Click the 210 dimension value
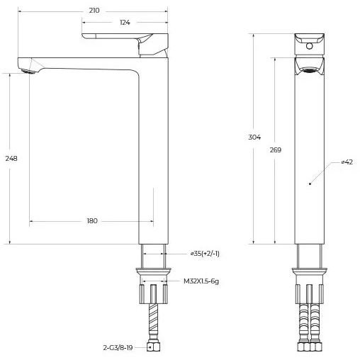[94, 11]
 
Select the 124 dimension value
[125, 23]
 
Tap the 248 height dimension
[11, 158]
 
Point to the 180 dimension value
[92, 221]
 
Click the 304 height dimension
[254, 137]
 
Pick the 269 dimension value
[276, 150]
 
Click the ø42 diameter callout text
[347, 162]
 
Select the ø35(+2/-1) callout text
[205, 254]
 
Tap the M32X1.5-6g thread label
[201, 281]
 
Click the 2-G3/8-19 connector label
[118, 347]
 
